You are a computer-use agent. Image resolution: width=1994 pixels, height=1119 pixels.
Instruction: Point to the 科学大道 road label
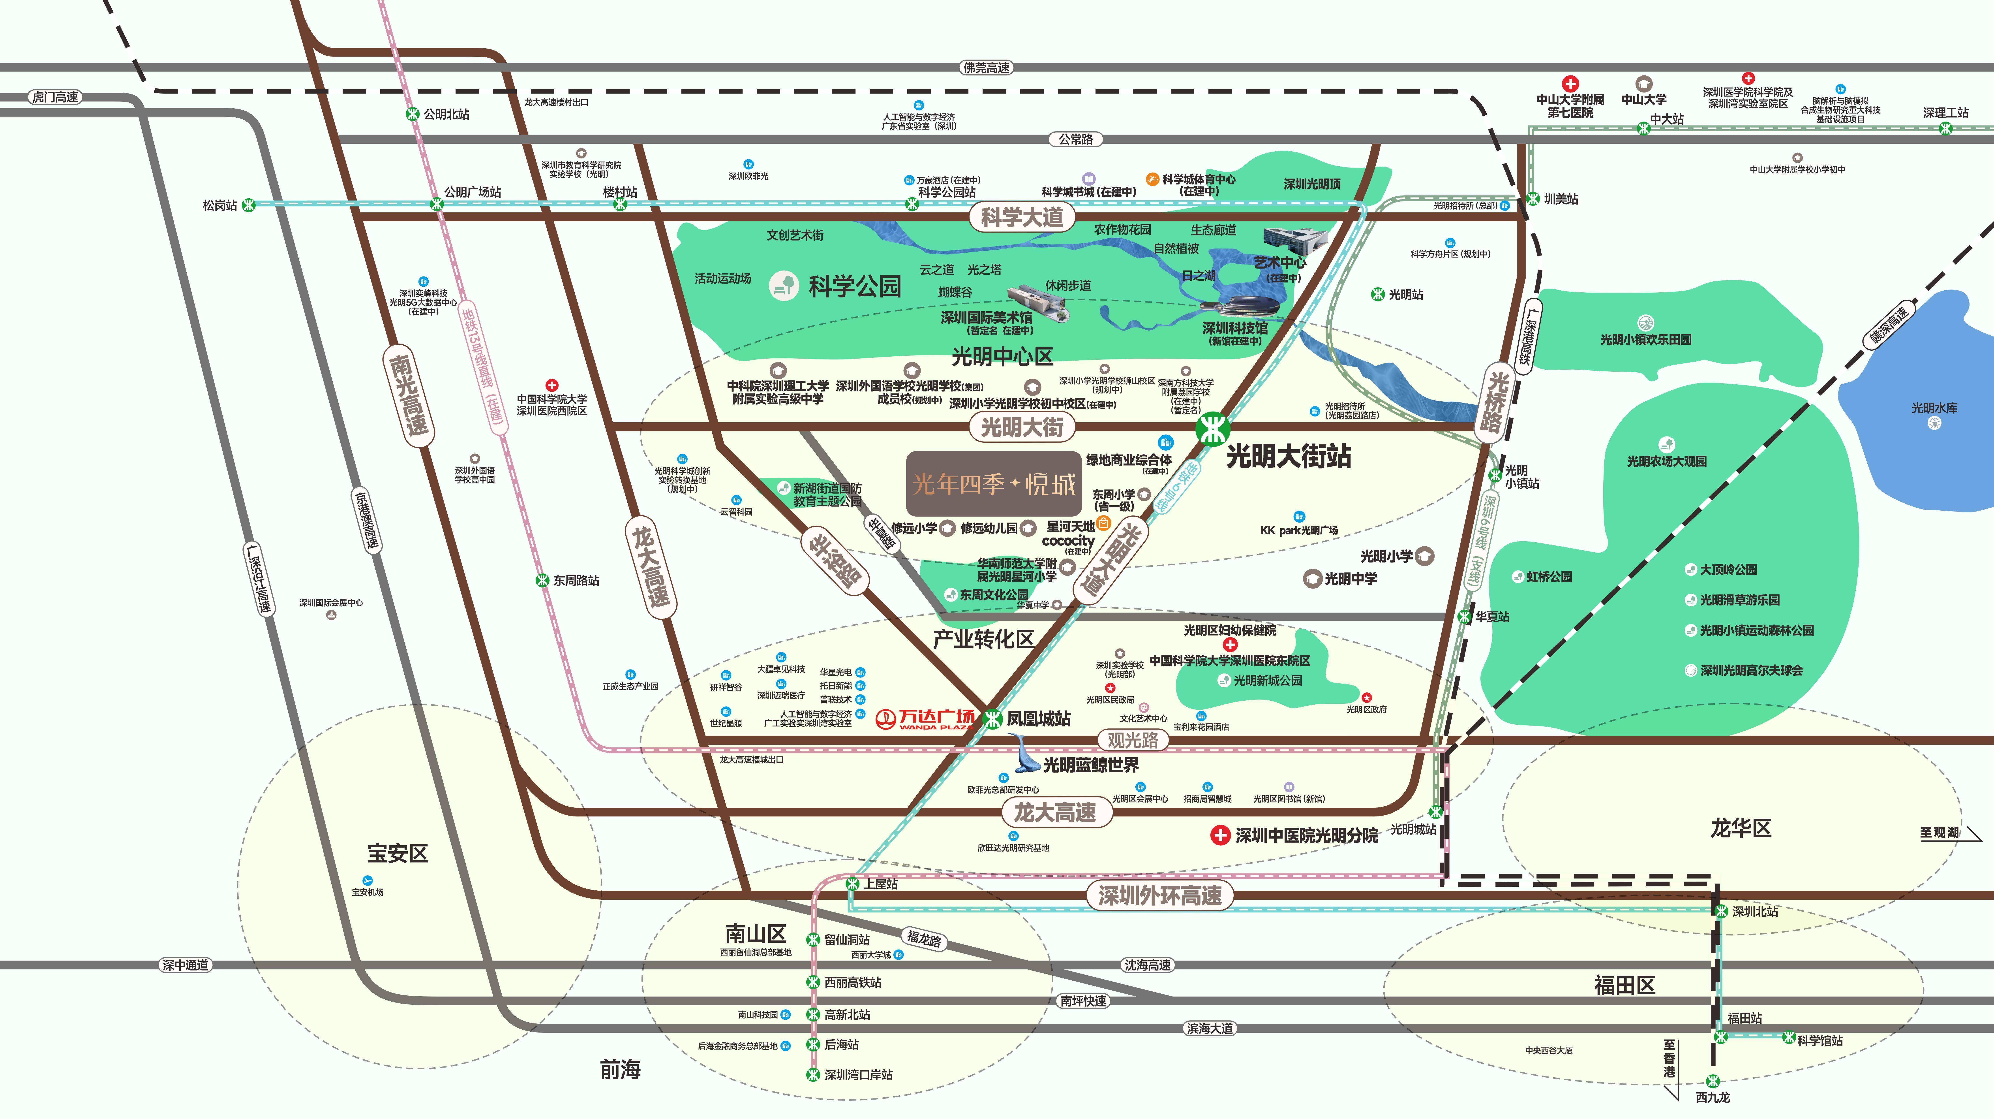pyautogui.click(x=1022, y=217)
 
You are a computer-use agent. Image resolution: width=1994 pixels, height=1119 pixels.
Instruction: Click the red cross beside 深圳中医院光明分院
pyautogui.click(x=1220, y=836)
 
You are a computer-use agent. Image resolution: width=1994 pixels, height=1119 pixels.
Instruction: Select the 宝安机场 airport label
pyautogui.click(x=368, y=891)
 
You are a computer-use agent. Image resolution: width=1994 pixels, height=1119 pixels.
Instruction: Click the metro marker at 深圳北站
pyautogui.click(x=1721, y=911)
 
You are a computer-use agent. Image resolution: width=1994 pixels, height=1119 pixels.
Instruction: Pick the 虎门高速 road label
pyautogui.click(x=55, y=97)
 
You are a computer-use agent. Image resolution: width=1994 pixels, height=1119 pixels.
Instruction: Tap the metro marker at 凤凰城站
pyautogui.click(x=992, y=719)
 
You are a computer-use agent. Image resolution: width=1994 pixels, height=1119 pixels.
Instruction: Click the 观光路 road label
pyautogui.click(x=1133, y=739)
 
